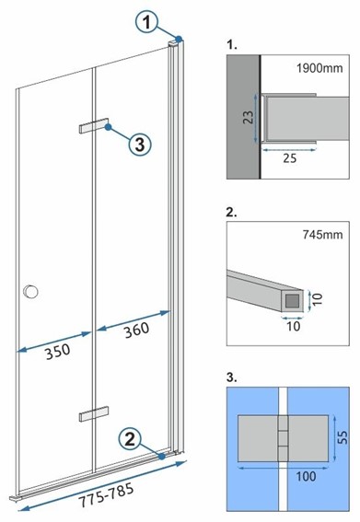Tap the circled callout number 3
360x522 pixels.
click(138, 144)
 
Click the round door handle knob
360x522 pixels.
click(32, 292)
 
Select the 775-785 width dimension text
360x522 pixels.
click(104, 498)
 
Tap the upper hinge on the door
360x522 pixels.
click(93, 127)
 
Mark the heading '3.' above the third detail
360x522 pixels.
click(230, 378)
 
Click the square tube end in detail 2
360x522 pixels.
click(292, 299)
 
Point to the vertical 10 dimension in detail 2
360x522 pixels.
click(316, 299)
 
